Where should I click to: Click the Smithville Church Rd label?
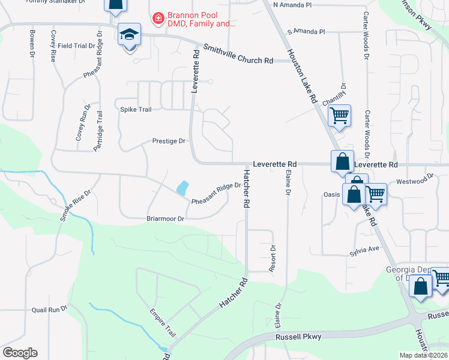(238, 54)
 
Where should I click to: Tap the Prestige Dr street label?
(169, 142)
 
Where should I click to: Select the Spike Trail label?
(136, 109)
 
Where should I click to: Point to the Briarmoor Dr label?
(165, 219)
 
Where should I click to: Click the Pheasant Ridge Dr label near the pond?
(216, 193)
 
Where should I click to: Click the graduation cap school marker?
(129, 35)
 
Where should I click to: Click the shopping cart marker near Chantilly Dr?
(339, 115)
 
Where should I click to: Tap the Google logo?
(20, 353)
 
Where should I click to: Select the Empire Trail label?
(163, 322)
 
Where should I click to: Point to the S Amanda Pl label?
(306, 31)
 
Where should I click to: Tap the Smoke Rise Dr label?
(74, 206)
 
